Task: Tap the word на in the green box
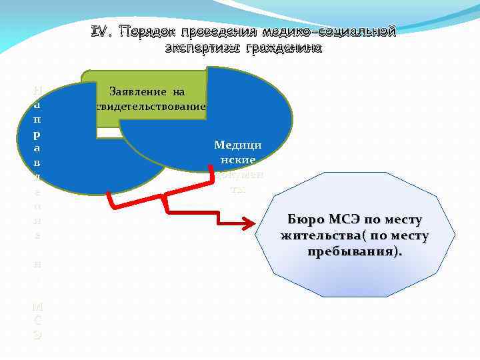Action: [x=176, y=92]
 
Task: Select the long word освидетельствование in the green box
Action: [x=153, y=106]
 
